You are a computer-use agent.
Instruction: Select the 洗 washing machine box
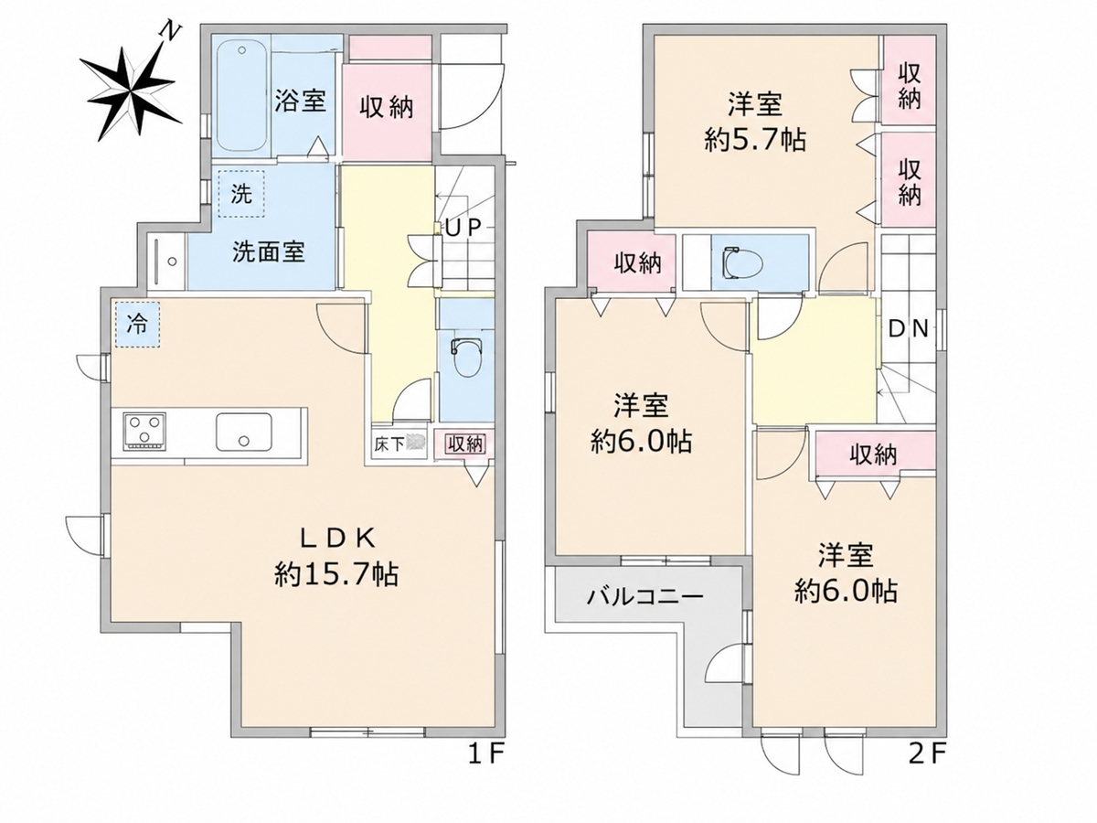(x=241, y=194)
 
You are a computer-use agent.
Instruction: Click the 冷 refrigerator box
(x=137, y=325)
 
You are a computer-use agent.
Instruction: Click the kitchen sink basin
(x=244, y=432)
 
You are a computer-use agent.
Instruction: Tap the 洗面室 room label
(x=269, y=251)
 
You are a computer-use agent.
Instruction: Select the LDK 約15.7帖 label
(x=335, y=557)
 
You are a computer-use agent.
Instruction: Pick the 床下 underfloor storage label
(x=389, y=444)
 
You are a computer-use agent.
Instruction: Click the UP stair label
(x=463, y=228)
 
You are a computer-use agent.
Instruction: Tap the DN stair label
(x=909, y=329)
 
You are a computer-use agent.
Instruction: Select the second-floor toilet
(x=743, y=262)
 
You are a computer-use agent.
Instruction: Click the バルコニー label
(x=644, y=596)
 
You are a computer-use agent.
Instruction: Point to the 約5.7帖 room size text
(x=755, y=141)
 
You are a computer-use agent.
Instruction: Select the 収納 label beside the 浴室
(x=387, y=107)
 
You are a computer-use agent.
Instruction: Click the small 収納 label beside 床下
(x=465, y=444)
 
